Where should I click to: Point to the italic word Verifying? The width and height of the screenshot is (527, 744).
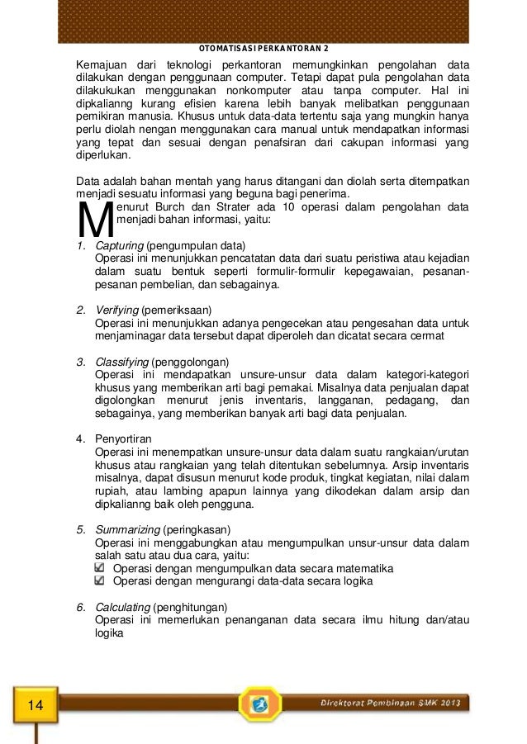coord(118,310)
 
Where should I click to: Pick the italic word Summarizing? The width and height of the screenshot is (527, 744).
coord(127,528)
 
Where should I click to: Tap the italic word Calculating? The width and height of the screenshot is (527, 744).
coord(123,607)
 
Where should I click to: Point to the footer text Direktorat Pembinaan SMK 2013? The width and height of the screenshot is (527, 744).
coord(392,702)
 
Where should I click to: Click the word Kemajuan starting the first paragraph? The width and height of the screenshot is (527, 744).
coord(100,65)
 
